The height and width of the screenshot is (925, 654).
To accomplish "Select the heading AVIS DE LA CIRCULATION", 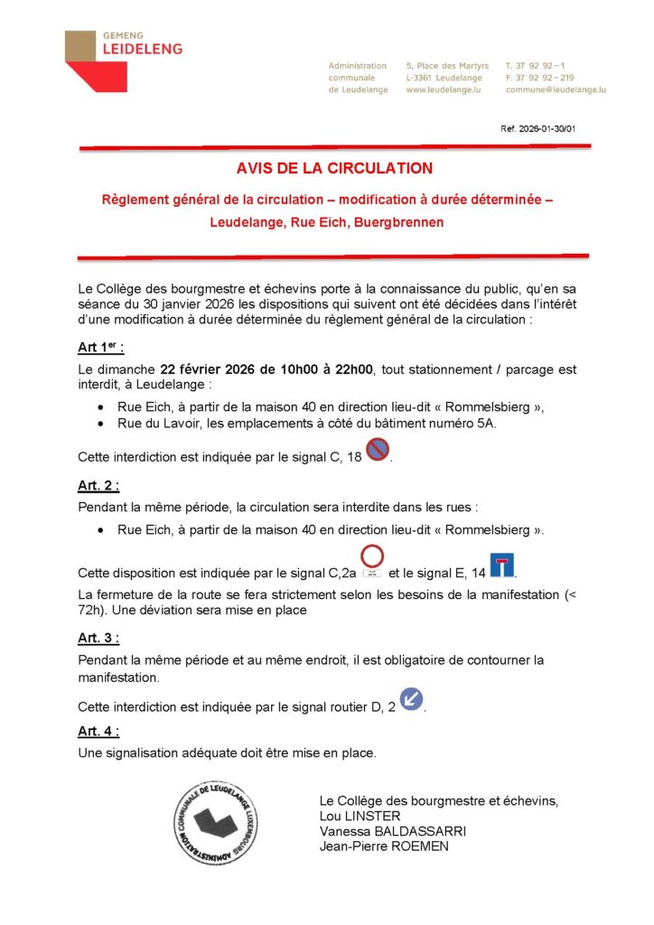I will coord(334,168).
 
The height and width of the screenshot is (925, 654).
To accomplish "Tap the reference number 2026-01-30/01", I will coord(537,129).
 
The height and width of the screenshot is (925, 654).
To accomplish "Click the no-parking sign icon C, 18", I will coord(378,448).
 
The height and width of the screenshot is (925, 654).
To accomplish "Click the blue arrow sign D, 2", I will coord(411,698).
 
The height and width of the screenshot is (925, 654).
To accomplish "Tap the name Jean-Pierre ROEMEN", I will coord(384,846).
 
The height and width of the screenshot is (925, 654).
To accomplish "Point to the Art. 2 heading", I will coord(98,486).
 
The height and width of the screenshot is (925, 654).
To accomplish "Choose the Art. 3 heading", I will coord(98,638).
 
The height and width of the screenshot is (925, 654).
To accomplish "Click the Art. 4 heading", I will coord(98,731).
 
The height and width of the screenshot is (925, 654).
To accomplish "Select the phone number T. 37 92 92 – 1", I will coord(537,66).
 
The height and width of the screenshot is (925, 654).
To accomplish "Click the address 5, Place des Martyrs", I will coord(447,66).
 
